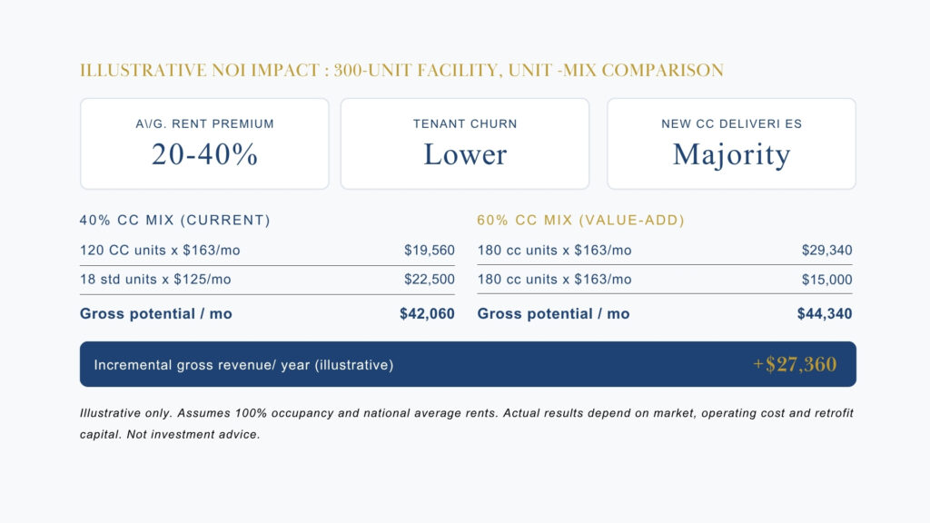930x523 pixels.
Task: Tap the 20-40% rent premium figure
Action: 204,154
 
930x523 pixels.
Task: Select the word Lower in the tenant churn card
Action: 465,154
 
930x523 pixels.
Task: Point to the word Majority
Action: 731,154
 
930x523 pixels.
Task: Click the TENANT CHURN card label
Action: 465,123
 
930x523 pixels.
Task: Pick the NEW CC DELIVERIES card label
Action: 731,123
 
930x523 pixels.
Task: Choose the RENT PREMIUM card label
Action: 204,123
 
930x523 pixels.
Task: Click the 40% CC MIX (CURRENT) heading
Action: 174,220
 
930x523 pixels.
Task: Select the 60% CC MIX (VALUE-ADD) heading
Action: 580,220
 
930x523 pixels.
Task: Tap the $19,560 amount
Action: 429,251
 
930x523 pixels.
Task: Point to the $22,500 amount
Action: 429,280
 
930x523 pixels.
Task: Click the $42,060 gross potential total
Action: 427,314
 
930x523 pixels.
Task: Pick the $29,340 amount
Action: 826,251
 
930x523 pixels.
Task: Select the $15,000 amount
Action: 826,280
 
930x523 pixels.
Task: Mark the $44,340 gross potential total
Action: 825,314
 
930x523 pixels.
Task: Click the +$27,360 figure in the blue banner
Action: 795,364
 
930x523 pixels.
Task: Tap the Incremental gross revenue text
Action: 243,365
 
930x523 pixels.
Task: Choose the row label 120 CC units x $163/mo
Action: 160,251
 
